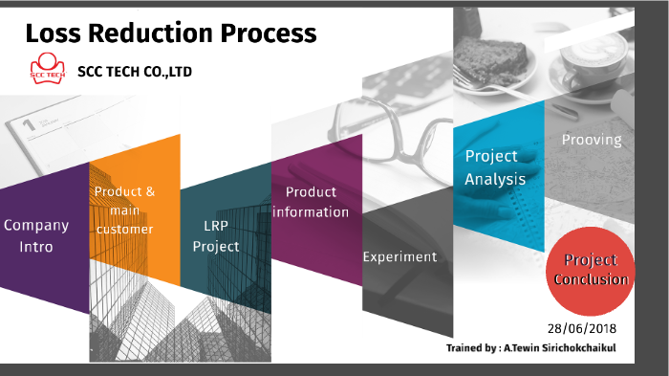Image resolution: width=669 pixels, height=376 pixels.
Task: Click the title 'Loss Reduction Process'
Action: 170,33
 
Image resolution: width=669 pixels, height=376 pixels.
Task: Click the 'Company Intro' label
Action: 36,235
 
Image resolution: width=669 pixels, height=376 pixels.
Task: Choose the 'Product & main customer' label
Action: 125,210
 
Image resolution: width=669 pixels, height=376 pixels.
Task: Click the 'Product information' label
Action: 311,202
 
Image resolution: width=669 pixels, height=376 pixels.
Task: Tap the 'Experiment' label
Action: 399,256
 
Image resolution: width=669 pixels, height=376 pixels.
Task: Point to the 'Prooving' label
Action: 591,140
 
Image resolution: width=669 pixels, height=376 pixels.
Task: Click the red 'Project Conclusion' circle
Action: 590,271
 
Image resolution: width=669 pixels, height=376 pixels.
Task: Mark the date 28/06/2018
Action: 582,327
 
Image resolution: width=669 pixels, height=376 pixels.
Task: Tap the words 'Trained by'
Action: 469,348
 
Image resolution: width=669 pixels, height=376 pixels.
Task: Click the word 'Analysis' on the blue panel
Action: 495,178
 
